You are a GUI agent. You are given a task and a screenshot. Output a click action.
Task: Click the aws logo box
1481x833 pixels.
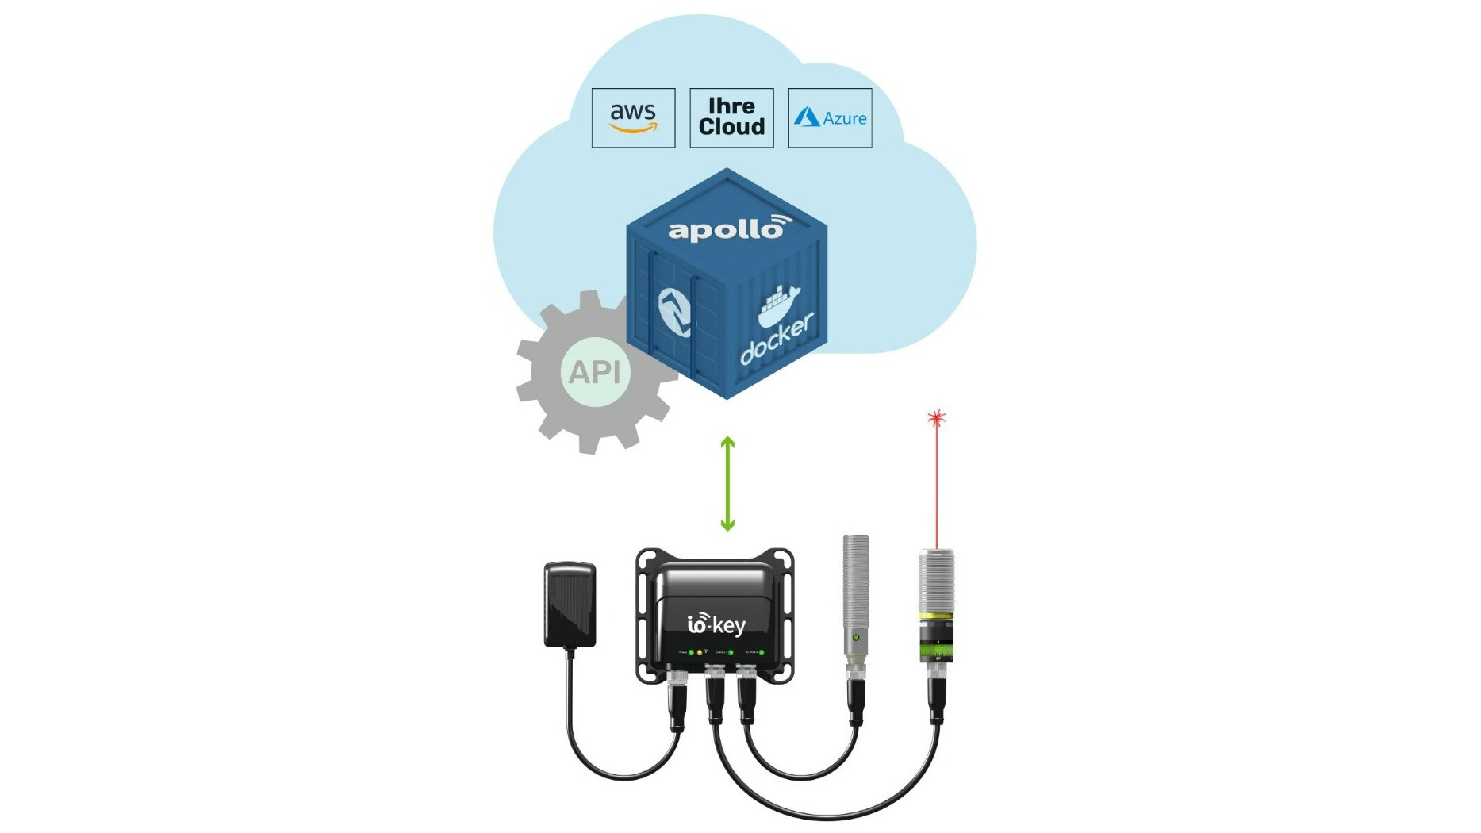pos(633,118)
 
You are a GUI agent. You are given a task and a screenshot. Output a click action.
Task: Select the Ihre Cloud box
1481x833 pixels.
pos(731,118)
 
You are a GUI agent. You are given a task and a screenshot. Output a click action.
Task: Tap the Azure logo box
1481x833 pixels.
pos(830,118)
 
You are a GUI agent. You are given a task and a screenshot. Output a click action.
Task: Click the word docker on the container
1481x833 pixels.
pos(777,340)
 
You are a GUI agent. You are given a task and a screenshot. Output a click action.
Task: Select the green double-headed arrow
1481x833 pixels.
pos(727,484)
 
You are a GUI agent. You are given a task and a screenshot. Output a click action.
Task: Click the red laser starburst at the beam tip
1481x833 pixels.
pos(936,418)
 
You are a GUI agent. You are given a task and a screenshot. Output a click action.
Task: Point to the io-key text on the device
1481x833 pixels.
pos(716,625)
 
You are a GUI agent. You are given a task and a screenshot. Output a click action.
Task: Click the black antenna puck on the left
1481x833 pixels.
pos(570,605)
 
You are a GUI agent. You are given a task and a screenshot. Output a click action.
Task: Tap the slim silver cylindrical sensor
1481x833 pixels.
pos(855,595)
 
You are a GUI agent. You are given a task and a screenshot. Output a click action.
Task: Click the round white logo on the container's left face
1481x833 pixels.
pos(674,312)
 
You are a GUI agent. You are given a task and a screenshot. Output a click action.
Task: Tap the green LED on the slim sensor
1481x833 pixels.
pos(855,638)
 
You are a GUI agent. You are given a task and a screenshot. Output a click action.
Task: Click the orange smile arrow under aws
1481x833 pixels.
pos(633,128)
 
